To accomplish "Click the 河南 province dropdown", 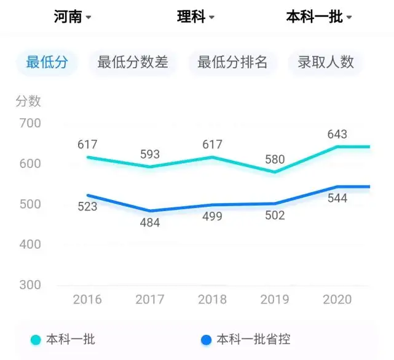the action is (73, 17).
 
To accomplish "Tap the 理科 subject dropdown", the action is (195, 17).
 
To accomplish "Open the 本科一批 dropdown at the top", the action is (319, 17).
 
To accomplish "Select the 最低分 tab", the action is (47, 62).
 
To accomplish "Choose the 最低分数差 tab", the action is (133, 62).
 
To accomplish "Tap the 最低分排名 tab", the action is (232, 62).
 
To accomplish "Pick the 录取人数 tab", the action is (326, 62).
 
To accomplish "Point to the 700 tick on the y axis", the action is (30, 123).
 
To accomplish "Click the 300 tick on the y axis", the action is (30, 285).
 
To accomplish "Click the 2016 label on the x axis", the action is (87, 299).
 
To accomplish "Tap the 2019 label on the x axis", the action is (275, 299).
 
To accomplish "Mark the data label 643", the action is (337, 134).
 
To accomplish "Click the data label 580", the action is (275, 159).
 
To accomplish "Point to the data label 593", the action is (150, 154).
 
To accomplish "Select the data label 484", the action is (150, 223).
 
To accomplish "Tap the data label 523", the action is (87, 207).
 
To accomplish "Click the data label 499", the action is (212, 217).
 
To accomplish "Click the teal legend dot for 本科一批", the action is (36, 340).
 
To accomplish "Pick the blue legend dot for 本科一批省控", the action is (206, 340).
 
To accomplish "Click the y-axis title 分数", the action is (28, 101).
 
